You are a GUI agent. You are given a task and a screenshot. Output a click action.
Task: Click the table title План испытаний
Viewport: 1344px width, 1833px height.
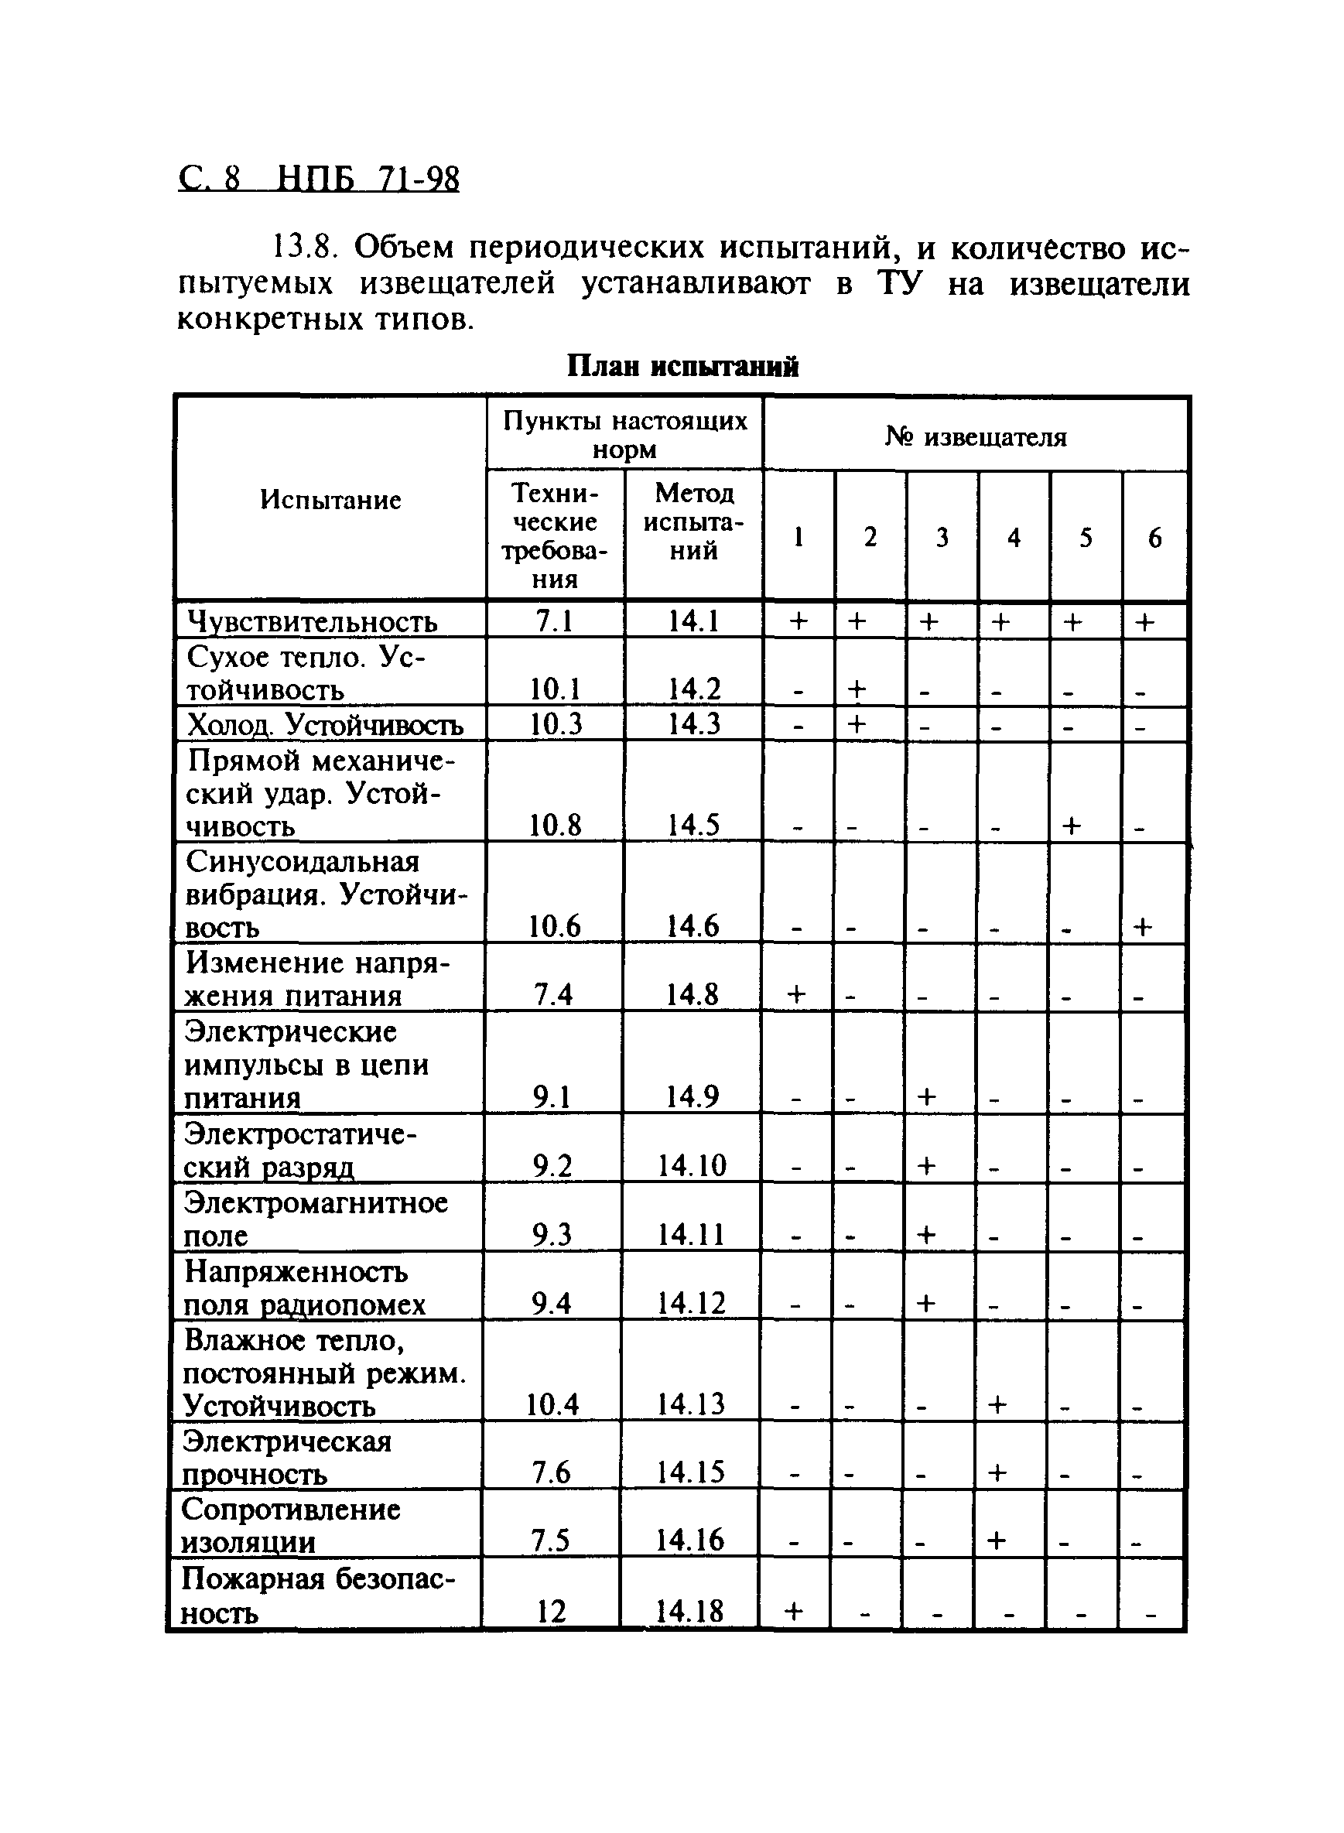[x=682, y=367]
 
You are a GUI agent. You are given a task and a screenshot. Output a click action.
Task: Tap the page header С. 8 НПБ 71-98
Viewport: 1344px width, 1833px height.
[x=318, y=179]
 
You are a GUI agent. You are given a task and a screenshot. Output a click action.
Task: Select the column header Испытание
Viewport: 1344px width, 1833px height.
[x=330, y=500]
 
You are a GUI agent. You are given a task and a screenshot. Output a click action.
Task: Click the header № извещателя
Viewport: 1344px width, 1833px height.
[x=976, y=437]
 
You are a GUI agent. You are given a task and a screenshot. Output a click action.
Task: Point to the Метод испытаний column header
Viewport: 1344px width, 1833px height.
[x=693, y=522]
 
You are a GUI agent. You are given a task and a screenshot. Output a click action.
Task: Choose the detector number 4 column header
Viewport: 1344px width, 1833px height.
[x=1014, y=537]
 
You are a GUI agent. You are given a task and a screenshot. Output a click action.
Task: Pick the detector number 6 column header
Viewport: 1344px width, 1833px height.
[x=1154, y=537]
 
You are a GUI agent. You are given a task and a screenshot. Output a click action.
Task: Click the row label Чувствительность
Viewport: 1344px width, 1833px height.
[x=313, y=621]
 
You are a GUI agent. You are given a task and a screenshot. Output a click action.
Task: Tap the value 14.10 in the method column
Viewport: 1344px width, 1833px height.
[x=692, y=1165]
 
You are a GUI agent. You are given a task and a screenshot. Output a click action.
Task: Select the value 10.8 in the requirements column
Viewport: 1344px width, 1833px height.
[x=555, y=826]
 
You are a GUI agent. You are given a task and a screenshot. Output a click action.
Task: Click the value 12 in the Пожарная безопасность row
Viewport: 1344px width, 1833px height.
[x=551, y=1611]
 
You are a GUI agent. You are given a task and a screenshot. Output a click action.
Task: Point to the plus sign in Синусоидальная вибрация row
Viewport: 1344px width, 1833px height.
[x=1143, y=927]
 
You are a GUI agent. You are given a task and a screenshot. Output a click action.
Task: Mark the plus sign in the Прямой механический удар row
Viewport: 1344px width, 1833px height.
[x=1072, y=826]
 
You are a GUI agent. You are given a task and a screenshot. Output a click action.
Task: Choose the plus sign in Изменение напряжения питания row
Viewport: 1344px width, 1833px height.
[x=797, y=994]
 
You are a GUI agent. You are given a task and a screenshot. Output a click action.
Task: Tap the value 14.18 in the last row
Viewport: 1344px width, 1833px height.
[x=689, y=1611]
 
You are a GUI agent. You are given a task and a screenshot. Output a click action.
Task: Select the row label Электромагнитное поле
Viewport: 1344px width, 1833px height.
[x=316, y=1218]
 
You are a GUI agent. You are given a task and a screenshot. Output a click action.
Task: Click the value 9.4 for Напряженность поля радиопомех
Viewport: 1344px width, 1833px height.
[x=552, y=1305]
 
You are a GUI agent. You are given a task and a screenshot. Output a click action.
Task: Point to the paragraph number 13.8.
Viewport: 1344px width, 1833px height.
[x=303, y=248]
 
